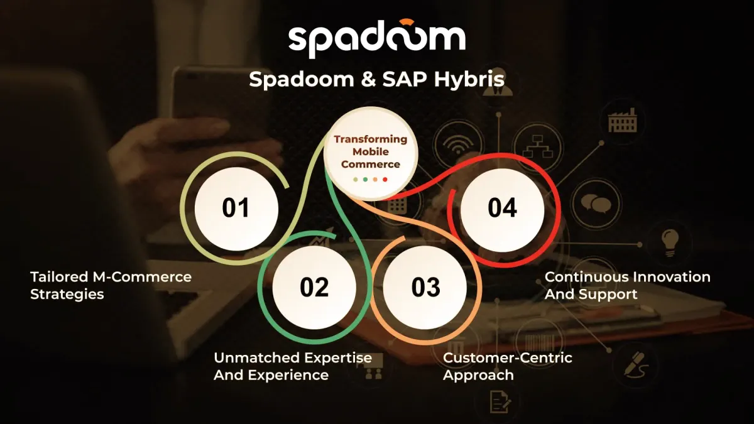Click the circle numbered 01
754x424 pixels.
[x=236, y=209]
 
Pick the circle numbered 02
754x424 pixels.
[x=314, y=288]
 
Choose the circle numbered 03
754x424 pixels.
[x=425, y=288]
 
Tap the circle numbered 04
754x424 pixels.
[x=502, y=209]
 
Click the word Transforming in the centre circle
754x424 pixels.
[x=370, y=139]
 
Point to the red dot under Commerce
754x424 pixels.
[x=385, y=180]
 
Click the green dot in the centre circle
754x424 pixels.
[x=365, y=180]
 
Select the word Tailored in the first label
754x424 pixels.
[x=59, y=277]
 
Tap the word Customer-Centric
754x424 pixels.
[x=507, y=357]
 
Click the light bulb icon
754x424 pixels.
[x=670, y=242]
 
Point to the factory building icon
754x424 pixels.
[x=623, y=120]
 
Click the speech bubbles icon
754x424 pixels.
[x=596, y=204]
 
